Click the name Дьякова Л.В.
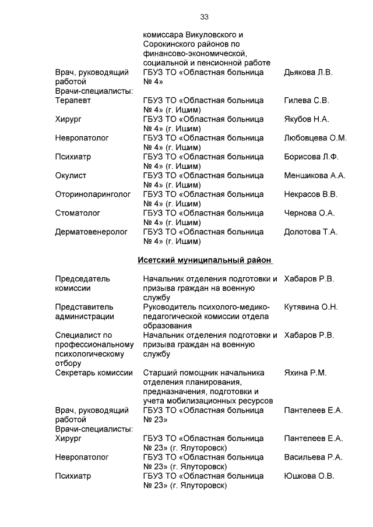308,73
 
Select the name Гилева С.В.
307,101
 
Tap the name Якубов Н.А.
307,119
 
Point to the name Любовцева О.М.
315,138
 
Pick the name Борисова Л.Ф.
311,157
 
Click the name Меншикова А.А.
315,175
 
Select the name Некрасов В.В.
311,194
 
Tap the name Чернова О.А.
309,213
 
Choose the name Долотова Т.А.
311,232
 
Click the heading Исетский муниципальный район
205,260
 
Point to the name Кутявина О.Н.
311,307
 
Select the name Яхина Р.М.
305,373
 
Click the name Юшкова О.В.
309,476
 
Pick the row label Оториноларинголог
93,194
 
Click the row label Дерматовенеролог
92,232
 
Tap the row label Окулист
71,175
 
